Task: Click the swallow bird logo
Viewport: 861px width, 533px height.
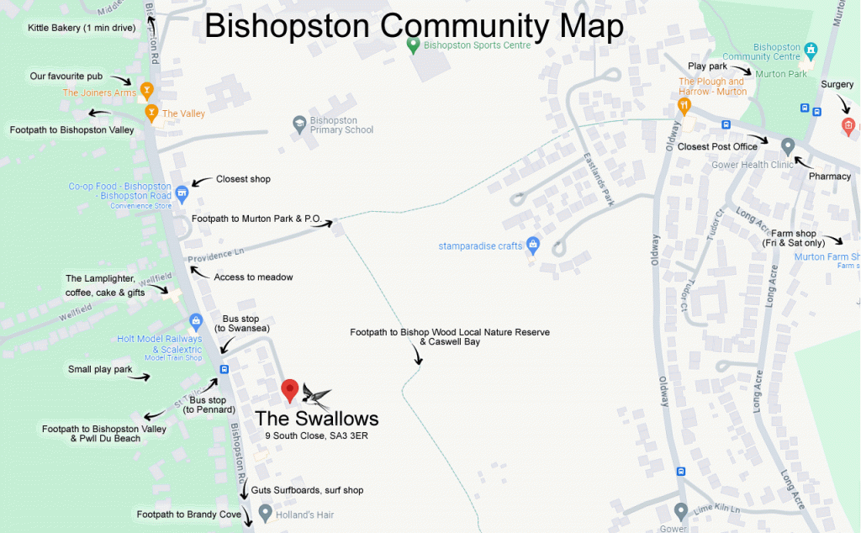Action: [316, 396]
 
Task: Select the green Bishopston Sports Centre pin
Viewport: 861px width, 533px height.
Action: [413, 45]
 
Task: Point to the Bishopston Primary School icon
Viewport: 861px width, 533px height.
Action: [298, 124]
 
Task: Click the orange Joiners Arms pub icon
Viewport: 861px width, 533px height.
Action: [146, 88]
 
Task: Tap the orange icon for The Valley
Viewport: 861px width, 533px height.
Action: [151, 112]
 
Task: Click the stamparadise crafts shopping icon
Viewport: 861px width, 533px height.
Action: [532, 245]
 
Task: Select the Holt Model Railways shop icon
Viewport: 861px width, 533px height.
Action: [196, 320]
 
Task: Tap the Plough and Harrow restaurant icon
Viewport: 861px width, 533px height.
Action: [684, 105]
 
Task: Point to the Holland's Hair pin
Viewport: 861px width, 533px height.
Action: [265, 512]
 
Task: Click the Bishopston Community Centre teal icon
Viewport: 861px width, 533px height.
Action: [811, 50]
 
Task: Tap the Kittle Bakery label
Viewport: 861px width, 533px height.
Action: [70, 28]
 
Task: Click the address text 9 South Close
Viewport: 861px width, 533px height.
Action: [317, 436]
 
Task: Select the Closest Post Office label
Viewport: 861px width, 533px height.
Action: [711, 146]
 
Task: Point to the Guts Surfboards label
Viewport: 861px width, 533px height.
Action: [307, 490]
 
